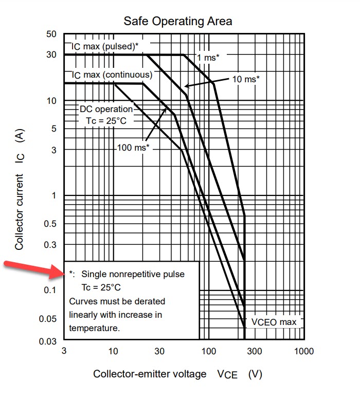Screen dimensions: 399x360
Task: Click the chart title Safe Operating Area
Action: [178, 21]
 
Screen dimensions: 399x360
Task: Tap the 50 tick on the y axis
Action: [50, 34]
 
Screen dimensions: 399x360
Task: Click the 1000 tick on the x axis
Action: [303, 351]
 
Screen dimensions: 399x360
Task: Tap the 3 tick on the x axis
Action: [64, 351]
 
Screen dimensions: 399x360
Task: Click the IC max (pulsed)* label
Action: [105, 47]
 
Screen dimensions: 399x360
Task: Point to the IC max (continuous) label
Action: [112, 75]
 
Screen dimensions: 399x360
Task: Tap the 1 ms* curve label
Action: [208, 58]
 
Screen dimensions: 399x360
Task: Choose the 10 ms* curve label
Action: [246, 79]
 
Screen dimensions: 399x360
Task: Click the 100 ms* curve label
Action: [133, 148]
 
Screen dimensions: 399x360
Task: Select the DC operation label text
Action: [106, 109]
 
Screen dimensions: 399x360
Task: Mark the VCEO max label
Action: [274, 322]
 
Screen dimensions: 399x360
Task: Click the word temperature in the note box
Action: [94, 328]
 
